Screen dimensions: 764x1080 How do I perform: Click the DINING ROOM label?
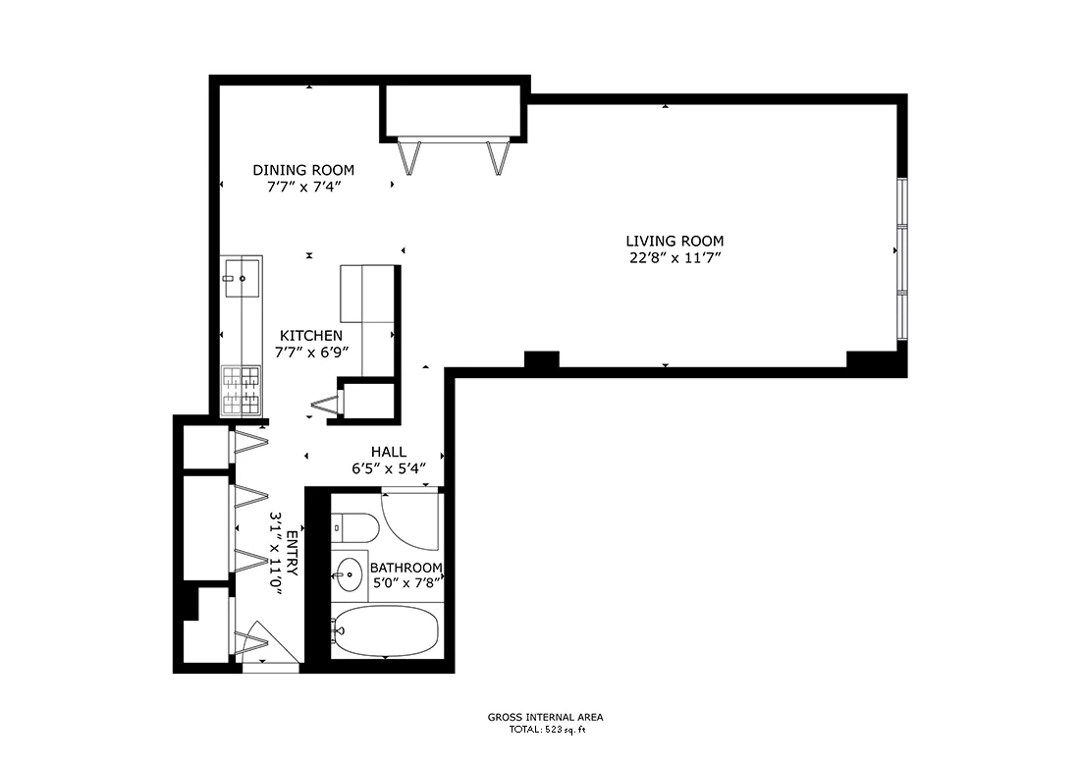tap(303, 170)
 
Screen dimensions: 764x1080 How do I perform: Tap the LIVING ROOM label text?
tap(675, 241)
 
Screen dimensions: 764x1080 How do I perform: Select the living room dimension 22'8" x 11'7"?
tap(675, 258)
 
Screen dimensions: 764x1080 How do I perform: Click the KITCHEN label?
tap(311, 336)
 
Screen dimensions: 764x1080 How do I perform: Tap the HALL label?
tap(389, 452)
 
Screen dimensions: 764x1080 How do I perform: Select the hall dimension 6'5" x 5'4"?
tap(389, 468)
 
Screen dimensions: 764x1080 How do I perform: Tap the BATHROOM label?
tap(405, 568)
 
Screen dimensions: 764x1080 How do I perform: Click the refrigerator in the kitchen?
tap(368, 293)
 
